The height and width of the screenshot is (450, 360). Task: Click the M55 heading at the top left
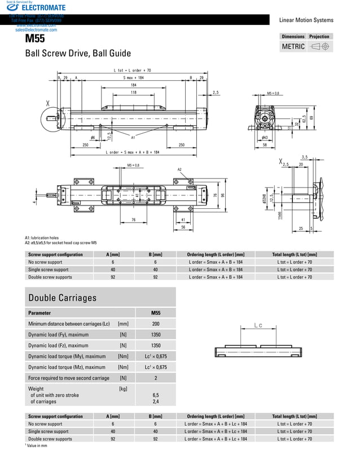[x=33, y=40]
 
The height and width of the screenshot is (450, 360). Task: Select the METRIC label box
[x=293, y=47]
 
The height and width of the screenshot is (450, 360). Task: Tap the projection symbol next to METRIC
[x=320, y=47]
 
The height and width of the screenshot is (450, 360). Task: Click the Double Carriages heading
[x=63, y=298]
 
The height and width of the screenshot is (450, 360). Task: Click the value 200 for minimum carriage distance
[x=155, y=324]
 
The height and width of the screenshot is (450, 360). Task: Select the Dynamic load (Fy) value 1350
[x=155, y=335]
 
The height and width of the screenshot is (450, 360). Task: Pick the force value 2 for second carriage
[x=155, y=378]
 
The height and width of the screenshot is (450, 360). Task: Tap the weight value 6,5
[x=155, y=395]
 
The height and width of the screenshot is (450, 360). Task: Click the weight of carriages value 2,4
[x=155, y=402]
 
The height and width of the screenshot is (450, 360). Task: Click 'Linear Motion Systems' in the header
[x=306, y=20]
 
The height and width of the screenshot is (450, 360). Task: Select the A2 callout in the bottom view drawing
[x=179, y=169]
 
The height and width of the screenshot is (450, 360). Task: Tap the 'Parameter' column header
[x=39, y=312]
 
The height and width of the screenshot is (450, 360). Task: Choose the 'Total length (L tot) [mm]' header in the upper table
[x=297, y=254]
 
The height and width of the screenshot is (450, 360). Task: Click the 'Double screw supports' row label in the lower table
[x=50, y=439]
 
